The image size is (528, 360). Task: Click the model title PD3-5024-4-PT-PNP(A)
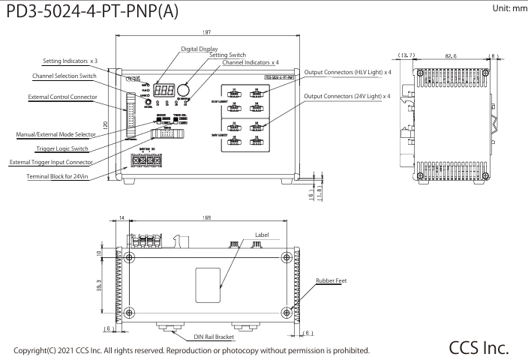coord(91,14)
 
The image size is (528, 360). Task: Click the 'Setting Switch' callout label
coord(228,55)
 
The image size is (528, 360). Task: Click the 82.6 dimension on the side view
coord(451,55)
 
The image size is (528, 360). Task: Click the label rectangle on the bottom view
coord(207,288)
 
